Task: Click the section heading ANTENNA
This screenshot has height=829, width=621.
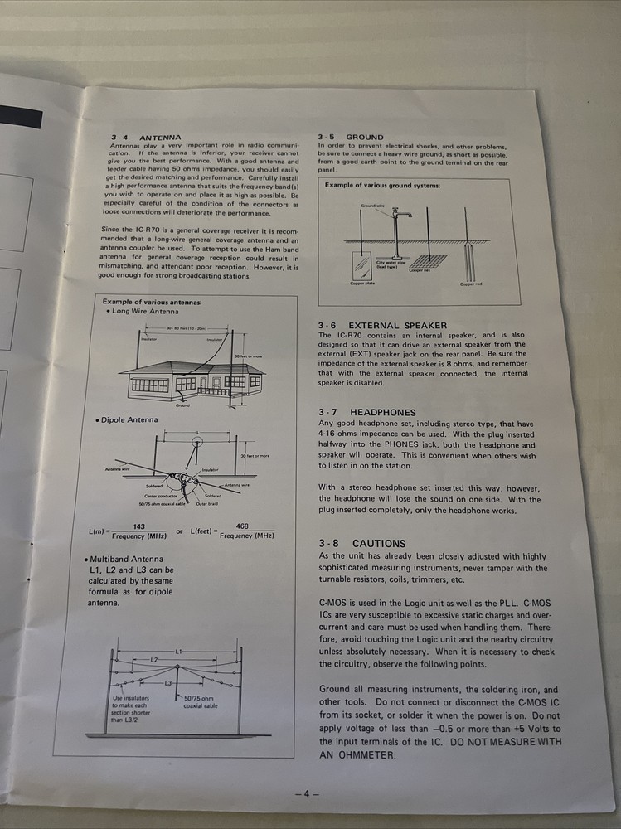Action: [x=160, y=137]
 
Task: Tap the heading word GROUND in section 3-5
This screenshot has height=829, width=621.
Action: [x=365, y=137]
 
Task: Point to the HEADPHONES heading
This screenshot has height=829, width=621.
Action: [x=382, y=412]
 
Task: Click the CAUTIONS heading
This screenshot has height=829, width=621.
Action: [x=378, y=544]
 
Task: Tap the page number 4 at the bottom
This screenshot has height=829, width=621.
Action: [x=305, y=793]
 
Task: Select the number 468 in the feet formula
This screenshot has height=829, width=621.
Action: [x=242, y=526]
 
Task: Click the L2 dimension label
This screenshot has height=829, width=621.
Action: [x=154, y=658]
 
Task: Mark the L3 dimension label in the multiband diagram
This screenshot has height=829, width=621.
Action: [x=168, y=682]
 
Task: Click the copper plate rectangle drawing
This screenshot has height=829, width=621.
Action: [x=361, y=265]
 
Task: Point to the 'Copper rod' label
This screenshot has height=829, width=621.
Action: [x=471, y=284]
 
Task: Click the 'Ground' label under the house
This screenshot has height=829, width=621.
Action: [x=182, y=406]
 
